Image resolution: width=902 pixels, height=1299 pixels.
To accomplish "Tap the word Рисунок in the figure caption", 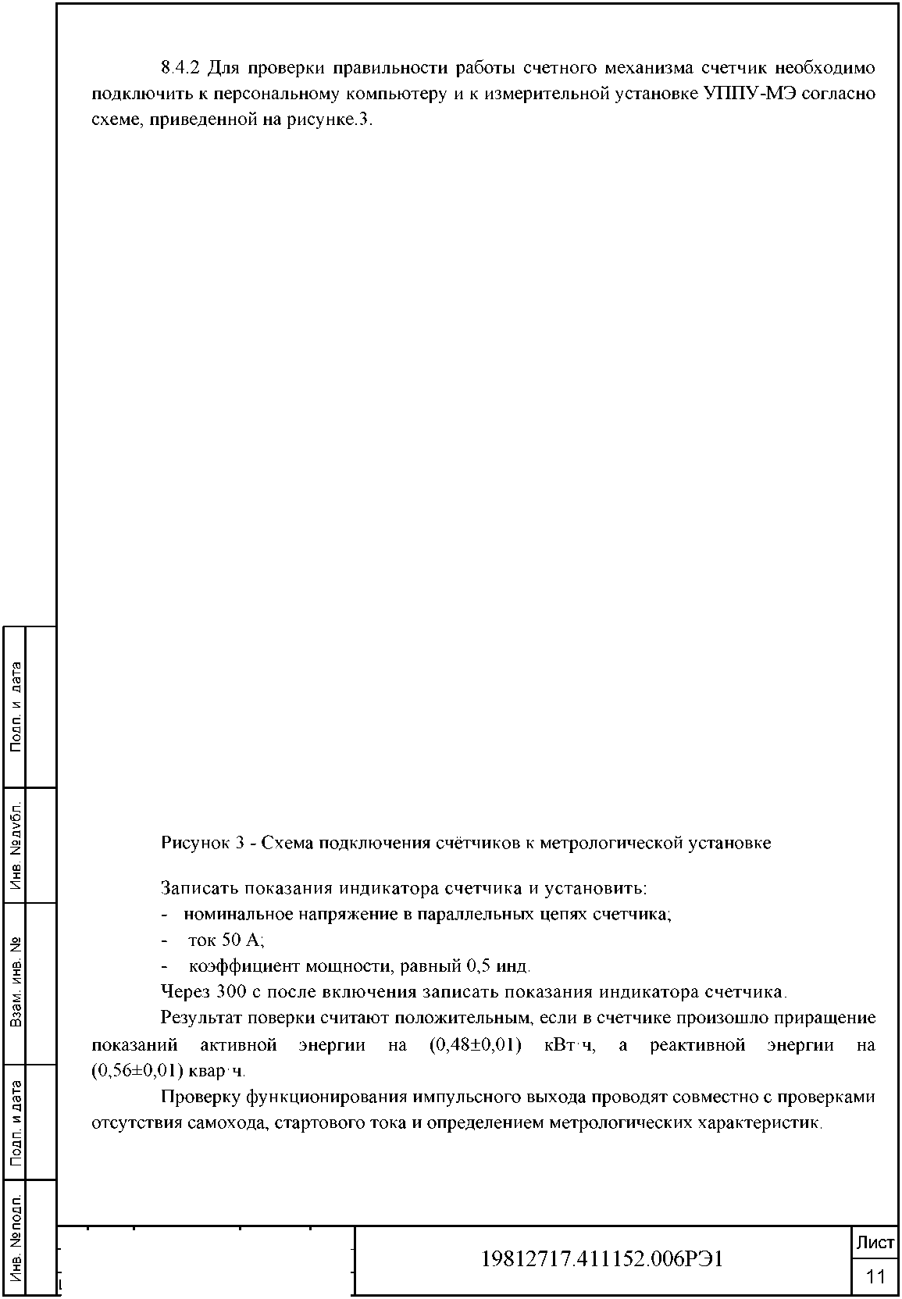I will [194, 844].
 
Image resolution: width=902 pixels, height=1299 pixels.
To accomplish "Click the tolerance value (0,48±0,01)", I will [475, 1045].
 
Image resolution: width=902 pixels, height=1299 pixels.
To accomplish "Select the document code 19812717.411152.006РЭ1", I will [601, 1259].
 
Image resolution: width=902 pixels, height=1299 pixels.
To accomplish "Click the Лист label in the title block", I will [875, 1244].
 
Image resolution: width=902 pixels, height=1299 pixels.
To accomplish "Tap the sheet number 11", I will [875, 1276].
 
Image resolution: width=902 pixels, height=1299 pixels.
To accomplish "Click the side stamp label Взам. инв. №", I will [16, 983].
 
